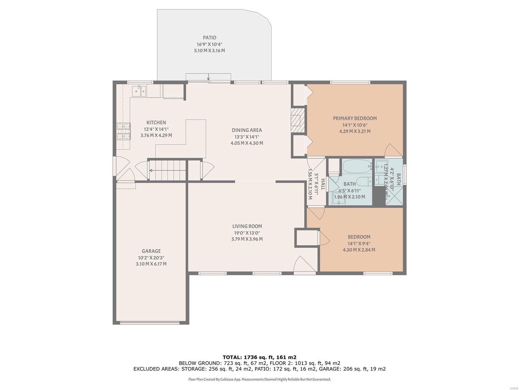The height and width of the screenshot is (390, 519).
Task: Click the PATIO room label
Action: point(210,38)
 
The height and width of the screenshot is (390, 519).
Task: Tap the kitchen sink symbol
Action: point(139,91)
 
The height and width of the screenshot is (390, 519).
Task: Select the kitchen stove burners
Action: point(124,131)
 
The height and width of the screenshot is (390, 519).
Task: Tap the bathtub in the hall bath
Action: point(357,167)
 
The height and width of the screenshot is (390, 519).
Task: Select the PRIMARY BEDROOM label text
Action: point(355,118)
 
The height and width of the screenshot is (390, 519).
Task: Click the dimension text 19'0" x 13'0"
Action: point(247,233)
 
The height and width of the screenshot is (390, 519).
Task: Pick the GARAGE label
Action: point(151,251)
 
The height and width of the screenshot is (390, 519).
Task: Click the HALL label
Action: point(323,184)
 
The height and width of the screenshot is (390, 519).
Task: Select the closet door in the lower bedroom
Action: point(324,238)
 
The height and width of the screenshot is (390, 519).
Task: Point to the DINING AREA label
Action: point(247,130)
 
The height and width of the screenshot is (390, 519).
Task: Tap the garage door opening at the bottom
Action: point(150,322)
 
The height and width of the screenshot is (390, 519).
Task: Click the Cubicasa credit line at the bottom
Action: point(259,379)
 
